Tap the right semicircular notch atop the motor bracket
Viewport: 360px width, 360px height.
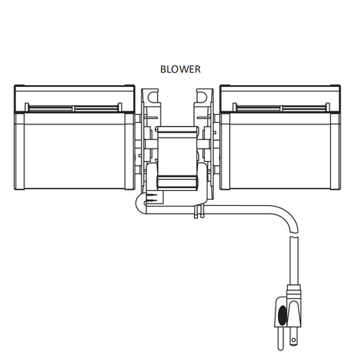pos(203,96)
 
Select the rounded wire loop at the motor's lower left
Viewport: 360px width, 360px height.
pos(140,205)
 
